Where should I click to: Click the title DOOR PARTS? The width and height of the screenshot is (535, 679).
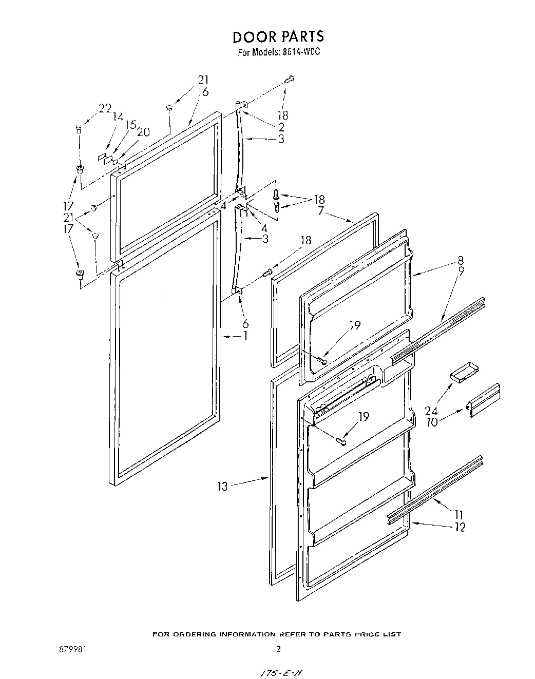click(x=278, y=37)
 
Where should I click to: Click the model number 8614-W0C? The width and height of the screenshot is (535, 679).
click(x=301, y=52)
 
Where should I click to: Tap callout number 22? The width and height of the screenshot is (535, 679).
click(x=105, y=108)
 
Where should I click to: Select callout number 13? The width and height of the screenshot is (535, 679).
click(x=222, y=486)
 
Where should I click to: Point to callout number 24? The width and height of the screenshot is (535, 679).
click(x=431, y=410)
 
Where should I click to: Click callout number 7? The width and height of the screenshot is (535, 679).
click(x=320, y=210)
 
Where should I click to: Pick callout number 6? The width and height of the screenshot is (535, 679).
click(x=245, y=323)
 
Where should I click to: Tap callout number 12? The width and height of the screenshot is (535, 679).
click(x=460, y=527)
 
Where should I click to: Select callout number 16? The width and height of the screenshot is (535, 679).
click(x=203, y=92)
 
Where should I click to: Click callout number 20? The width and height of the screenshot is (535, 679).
click(x=143, y=132)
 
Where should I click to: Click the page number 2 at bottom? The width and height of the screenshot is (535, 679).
click(x=278, y=649)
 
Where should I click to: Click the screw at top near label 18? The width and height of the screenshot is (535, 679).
click(x=290, y=79)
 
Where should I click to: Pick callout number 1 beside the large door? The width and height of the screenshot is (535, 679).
click(x=245, y=336)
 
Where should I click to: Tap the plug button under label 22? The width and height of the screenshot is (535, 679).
click(x=79, y=128)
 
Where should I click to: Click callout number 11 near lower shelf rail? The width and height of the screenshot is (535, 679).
click(x=458, y=514)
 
